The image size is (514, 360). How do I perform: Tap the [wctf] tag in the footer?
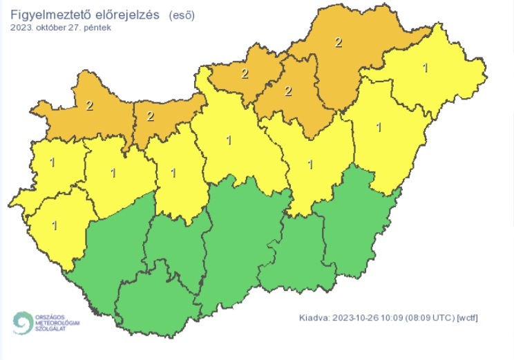[468, 317]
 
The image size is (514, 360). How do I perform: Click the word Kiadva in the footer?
[314, 317]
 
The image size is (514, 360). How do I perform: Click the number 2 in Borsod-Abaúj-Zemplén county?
[338, 42]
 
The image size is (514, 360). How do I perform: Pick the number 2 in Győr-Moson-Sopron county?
[89, 106]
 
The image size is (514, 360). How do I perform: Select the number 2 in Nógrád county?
[245, 73]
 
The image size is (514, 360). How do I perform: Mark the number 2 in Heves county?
[288, 91]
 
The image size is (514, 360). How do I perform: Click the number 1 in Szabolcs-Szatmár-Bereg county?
[424, 67]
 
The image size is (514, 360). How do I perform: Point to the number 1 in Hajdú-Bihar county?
[378, 127]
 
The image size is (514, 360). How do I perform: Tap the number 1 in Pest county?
[229, 140]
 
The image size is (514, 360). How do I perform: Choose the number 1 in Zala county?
[54, 225]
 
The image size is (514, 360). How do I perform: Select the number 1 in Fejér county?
[173, 172]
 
